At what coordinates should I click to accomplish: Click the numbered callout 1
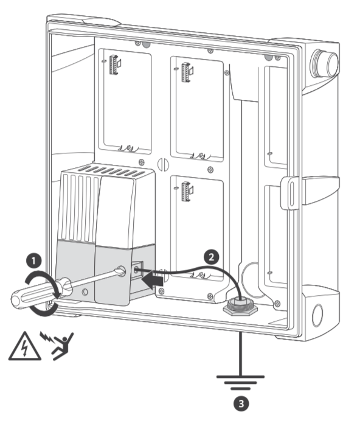pyautogui.click(x=34, y=261)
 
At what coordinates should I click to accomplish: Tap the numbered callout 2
pyautogui.click(x=211, y=257)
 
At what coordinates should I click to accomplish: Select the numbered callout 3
pyautogui.click(x=241, y=403)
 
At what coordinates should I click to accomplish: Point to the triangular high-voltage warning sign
pyautogui.click(x=24, y=347)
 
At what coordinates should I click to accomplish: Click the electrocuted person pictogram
pyautogui.click(x=57, y=345)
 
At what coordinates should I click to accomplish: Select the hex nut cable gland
pyautogui.click(x=240, y=307)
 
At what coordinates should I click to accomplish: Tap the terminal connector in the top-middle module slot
pyautogui.click(x=187, y=72)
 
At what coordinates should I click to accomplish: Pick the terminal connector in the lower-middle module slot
pyautogui.click(x=187, y=191)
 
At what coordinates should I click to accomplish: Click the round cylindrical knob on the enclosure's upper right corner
pyautogui.click(x=324, y=63)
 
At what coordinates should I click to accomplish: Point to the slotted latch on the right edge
pyautogui.click(x=291, y=193)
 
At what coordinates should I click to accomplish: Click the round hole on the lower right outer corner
pyautogui.click(x=317, y=315)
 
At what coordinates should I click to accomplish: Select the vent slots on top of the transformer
pyautogui.click(x=111, y=170)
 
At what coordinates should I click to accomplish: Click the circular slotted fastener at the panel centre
pyautogui.click(x=163, y=164)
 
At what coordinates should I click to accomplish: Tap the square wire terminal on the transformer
pyautogui.click(x=137, y=269)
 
